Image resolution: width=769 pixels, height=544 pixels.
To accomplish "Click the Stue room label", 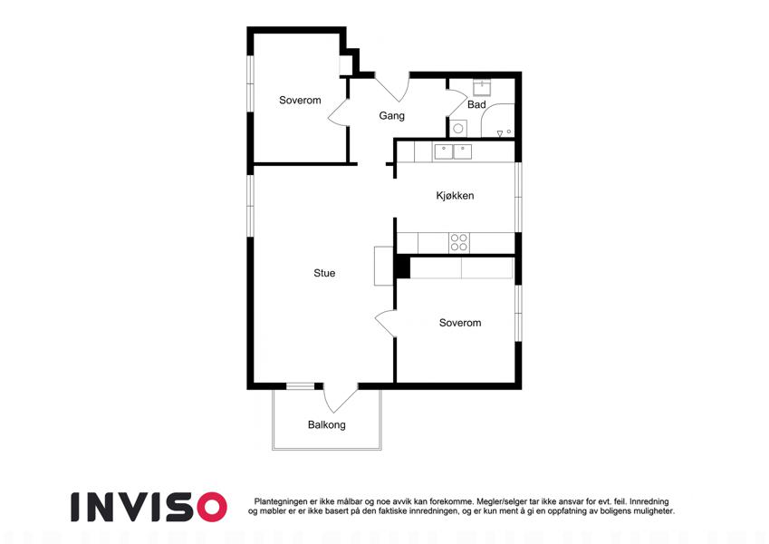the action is point(324,273).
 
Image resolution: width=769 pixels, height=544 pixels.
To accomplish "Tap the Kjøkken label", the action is point(455,196).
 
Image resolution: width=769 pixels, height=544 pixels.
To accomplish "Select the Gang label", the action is point(391,116).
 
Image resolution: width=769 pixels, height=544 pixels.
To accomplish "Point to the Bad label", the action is point(476,104).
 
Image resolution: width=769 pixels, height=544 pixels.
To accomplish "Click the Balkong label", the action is point(327,424).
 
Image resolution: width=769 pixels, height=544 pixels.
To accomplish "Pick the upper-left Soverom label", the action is point(300,100).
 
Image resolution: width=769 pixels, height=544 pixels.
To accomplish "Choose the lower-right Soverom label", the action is point(460,323).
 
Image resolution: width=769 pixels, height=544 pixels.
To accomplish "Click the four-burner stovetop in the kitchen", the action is point(459,243).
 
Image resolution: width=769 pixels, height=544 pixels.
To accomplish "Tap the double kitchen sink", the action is point(453,151).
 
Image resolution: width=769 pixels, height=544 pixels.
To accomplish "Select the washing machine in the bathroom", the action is point(458,129).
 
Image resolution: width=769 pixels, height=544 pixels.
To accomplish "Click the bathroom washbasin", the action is point(482,88).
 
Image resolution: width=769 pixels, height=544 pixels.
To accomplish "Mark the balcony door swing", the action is point(340,399).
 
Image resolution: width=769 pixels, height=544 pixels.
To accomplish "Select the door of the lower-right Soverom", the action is point(386,323).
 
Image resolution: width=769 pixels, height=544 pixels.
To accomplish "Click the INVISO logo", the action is point(149,507).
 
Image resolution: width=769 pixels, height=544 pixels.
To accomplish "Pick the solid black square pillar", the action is point(403,267).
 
